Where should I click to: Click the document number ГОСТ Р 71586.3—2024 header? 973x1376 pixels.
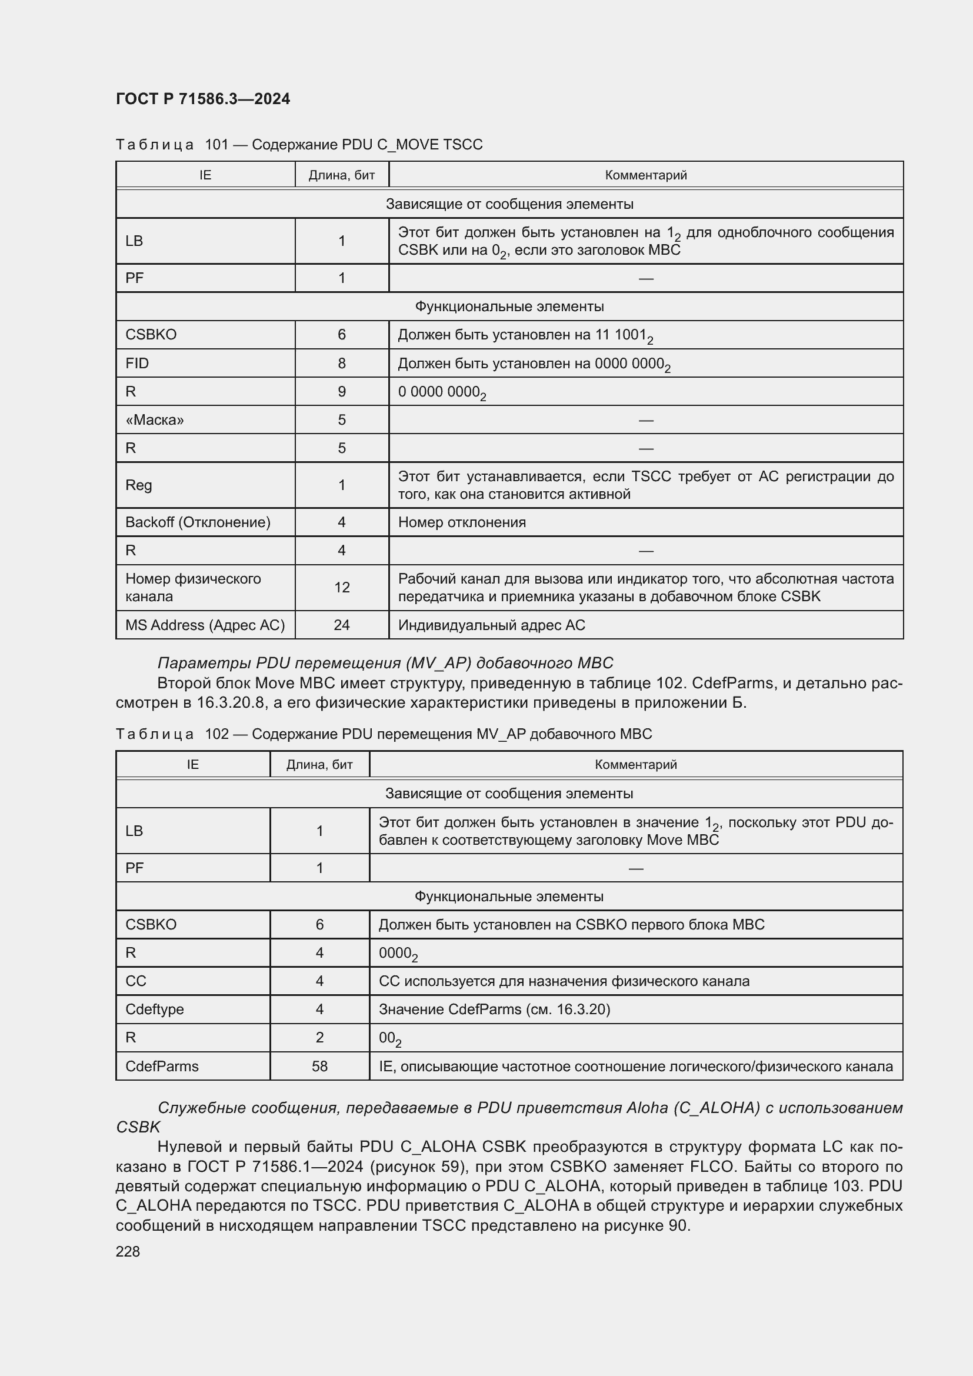(202, 99)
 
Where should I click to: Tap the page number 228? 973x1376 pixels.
(128, 1251)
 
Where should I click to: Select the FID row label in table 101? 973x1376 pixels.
(137, 363)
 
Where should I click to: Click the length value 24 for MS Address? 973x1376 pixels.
(342, 625)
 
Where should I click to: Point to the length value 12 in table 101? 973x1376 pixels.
(342, 587)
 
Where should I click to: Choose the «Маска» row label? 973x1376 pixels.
(155, 419)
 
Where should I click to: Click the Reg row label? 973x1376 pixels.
(138, 485)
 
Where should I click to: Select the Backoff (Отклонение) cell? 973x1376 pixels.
(198, 522)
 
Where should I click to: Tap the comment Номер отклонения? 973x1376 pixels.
(461, 522)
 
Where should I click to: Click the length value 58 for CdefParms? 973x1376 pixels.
(319, 1066)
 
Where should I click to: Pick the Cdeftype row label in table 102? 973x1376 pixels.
(155, 1009)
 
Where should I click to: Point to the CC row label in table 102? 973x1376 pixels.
(136, 981)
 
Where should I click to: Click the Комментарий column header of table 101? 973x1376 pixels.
(645, 175)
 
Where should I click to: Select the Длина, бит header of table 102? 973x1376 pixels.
(319, 765)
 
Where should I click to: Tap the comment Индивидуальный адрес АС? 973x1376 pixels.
(491, 625)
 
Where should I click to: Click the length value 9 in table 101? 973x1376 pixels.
(342, 391)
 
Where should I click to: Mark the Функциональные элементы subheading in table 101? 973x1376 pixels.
(509, 306)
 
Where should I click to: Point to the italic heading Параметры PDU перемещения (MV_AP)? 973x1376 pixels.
(385, 663)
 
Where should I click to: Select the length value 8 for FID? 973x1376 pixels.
(342, 363)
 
